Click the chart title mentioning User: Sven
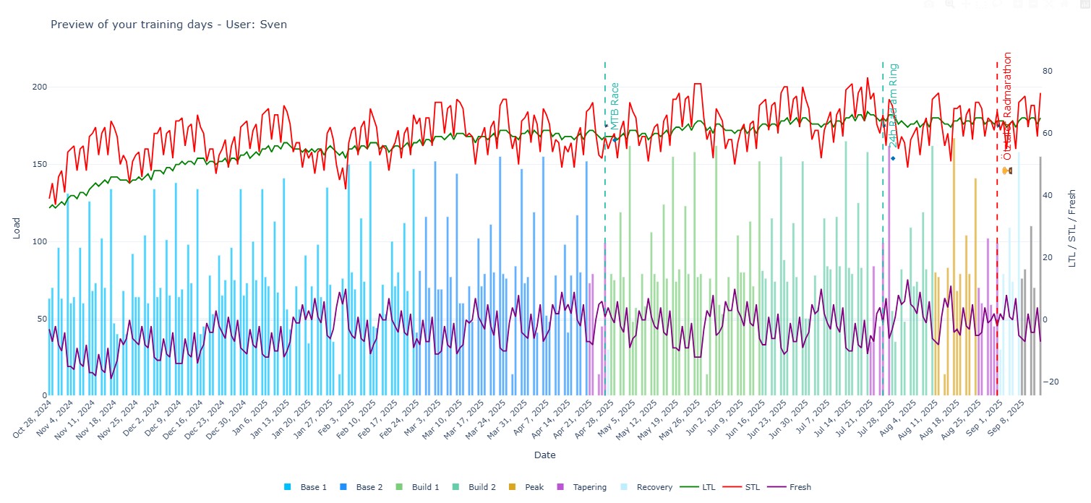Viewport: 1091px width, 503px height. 168,25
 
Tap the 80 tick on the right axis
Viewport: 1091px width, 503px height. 1047,71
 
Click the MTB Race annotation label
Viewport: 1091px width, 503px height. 615,106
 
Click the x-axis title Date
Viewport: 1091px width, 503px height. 544,455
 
